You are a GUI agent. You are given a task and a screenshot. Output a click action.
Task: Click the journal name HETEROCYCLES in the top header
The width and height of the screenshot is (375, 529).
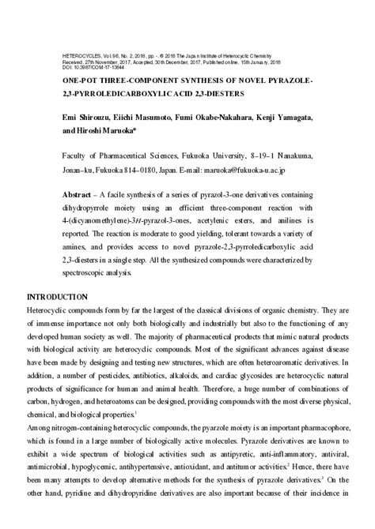(x=78, y=57)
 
